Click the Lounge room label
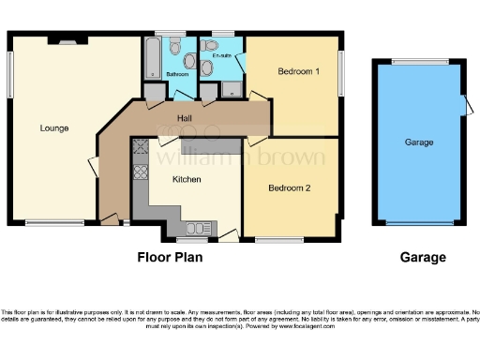(53, 128)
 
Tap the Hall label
(186, 118)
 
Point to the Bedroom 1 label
(299, 71)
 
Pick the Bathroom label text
(178, 73)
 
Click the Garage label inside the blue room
(418, 142)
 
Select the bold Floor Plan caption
(170, 257)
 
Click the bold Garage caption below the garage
(423, 257)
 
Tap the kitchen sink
(197, 227)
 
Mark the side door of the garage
(465, 108)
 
